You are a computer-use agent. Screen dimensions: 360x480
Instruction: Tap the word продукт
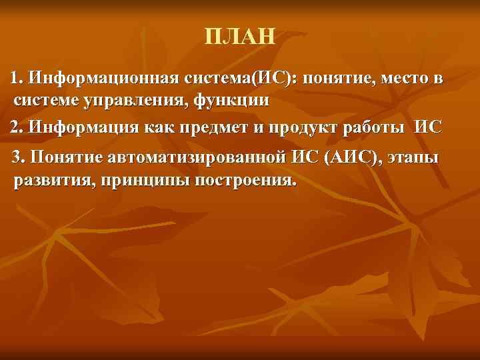[x=315, y=126]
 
